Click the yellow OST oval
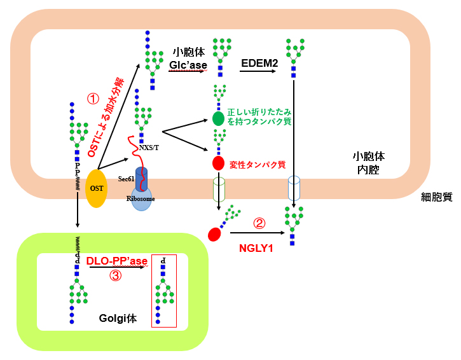coord(97,188)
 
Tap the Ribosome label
coord(140,198)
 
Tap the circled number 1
coord(93,99)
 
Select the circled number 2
coord(259,223)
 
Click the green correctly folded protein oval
coord(218,118)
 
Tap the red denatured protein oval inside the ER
coord(218,163)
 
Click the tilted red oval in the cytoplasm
coord(214,234)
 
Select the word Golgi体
coord(118,318)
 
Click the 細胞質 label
coord(436,197)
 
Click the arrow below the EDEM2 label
coord(258,71)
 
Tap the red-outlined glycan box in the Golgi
coord(163,291)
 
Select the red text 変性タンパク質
coord(258,164)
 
